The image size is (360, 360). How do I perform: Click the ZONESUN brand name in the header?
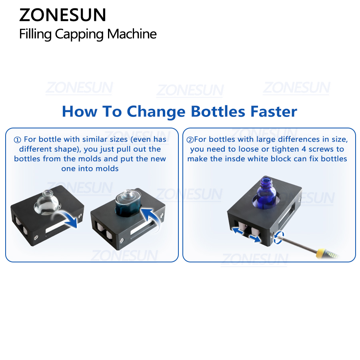click(x=62, y=15)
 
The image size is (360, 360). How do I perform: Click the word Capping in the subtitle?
click(x=79, y=34)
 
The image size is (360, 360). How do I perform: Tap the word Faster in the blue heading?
click(x=274, y=112)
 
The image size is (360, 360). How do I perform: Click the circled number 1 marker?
click(x=18, y=140)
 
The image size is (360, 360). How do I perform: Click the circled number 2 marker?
click(x=190, y=140)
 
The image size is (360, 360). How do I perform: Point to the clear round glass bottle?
click(x=47, y=202)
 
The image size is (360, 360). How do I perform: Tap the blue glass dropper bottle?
click(x=266, y=193)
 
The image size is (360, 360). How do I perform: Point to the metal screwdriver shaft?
click(x=298, y=243)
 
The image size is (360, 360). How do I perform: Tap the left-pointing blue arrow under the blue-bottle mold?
click(x=238, y=231)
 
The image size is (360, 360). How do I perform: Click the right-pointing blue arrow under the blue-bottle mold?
click(x=255, y=239)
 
